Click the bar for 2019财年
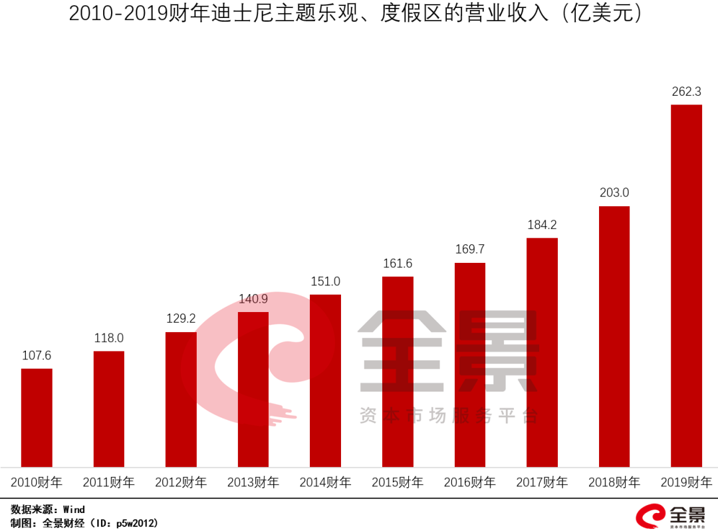686,286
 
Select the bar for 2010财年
37,418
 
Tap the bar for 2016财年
470,365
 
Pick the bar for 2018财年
614,337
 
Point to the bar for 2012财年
181,399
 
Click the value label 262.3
686,92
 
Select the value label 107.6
37,356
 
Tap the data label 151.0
326,281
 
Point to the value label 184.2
542,225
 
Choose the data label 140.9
253,299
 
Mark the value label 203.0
614,193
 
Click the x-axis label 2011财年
108,482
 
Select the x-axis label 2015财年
398,482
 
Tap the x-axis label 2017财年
542,482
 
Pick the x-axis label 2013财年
253,482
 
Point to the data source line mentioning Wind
48,510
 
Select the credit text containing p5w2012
84,523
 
